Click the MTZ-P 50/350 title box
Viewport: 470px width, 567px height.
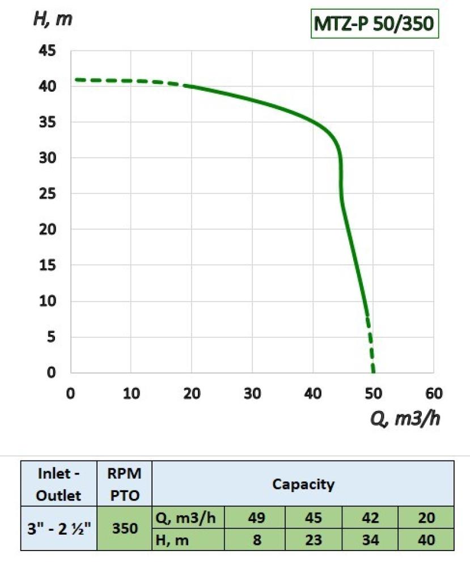point(375,24)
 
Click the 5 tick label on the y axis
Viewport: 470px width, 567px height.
point(52,337)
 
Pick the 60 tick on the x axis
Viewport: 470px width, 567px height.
point(434,393)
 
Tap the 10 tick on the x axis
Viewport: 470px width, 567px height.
point(131,393)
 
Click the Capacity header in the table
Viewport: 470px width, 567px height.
point(303,485)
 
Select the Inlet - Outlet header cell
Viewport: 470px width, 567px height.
point(59,485)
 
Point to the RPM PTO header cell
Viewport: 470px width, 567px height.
point(124,485)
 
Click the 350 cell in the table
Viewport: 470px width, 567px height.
point(124,529)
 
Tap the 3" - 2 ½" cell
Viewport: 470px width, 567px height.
point(59,529)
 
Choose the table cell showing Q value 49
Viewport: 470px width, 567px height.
point(256,518)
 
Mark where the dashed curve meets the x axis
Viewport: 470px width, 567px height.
point(373,372)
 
